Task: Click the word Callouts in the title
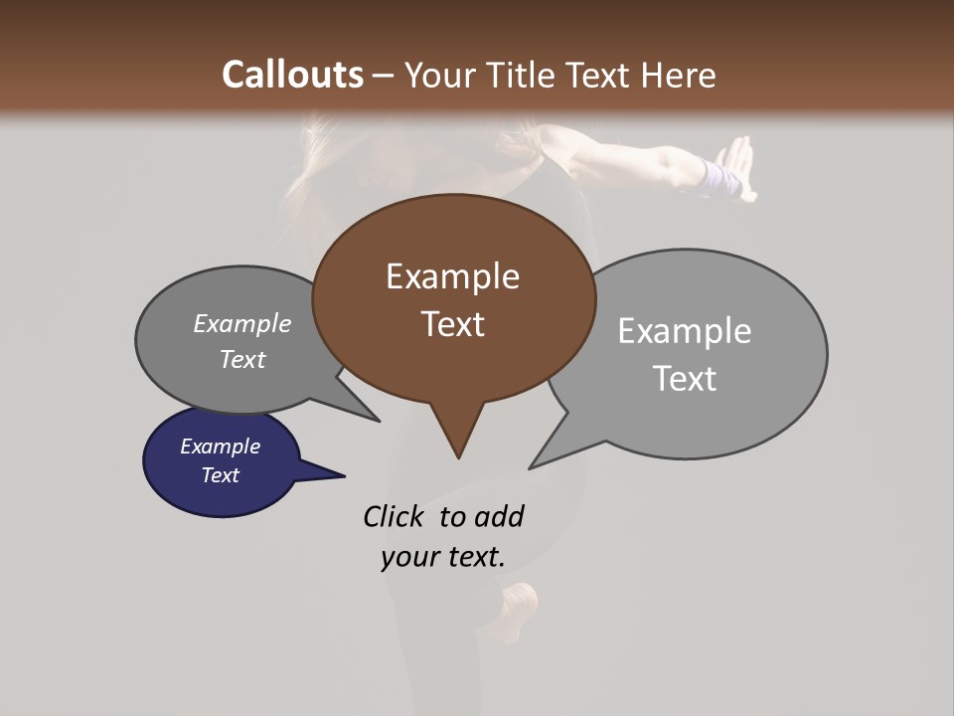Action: pos(292,75)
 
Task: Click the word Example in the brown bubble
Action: pos(452,276)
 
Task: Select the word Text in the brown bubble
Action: pos(452,324)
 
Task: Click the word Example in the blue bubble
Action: pos(220,447)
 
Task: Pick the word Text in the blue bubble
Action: pos(220,475)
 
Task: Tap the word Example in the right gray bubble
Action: pos(684,331)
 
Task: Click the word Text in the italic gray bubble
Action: pos(241,359)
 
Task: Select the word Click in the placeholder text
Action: pos(395,516)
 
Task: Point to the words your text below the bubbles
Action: pos(442,557)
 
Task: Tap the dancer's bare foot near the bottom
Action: pos(520,602)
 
